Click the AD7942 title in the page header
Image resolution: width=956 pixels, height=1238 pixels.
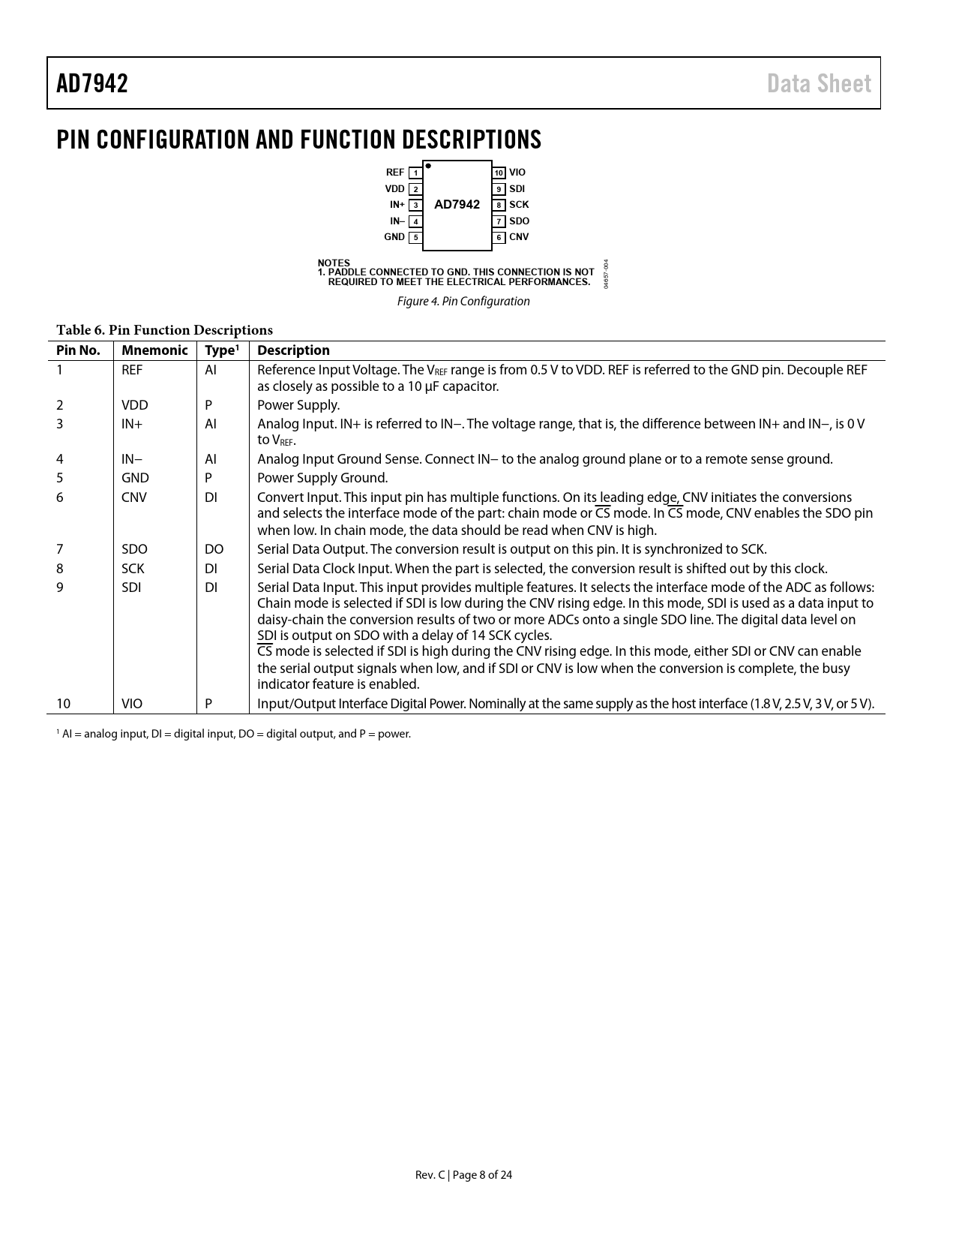click(x=92, y=83)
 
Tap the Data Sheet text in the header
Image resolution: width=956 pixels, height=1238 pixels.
click(x=819, y=83)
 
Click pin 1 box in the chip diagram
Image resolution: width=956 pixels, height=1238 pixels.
click(x=415, y=173)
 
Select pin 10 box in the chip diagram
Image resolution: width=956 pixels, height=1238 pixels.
click(x=499, y=173)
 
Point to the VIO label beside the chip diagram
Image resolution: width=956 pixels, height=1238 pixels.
click(x=517, y=173)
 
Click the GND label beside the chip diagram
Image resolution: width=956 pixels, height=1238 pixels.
click(x=394, y=237)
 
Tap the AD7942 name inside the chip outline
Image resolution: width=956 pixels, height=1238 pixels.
click(x=457, y=205)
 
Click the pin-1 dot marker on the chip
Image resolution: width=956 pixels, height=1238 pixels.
click(x=428, y=166)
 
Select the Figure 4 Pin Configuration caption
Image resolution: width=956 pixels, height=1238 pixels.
click(x=463, y=302)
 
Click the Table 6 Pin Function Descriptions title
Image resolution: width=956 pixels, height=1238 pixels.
click(x=164, y=330)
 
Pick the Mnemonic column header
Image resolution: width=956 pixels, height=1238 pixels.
click(x=154, y=350)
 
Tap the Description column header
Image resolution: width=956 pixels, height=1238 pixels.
click(x=293, y=350)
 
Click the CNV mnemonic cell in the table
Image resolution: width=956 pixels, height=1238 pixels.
click(x=134, y=497)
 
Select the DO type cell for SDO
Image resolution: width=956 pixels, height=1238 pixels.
click(x=214, y=549)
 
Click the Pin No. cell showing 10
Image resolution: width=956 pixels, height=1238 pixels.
click(x=64, y=704)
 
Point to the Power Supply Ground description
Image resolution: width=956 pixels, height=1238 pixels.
click(x=322, y=478)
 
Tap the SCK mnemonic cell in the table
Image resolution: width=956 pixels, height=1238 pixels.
click(x=133, y=569)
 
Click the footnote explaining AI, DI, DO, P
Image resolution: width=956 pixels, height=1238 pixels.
click(x=234, y=734)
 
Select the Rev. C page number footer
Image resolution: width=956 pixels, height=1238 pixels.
click(x=463, y=1175)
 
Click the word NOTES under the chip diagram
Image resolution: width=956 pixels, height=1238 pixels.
click(x=334, y=263)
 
